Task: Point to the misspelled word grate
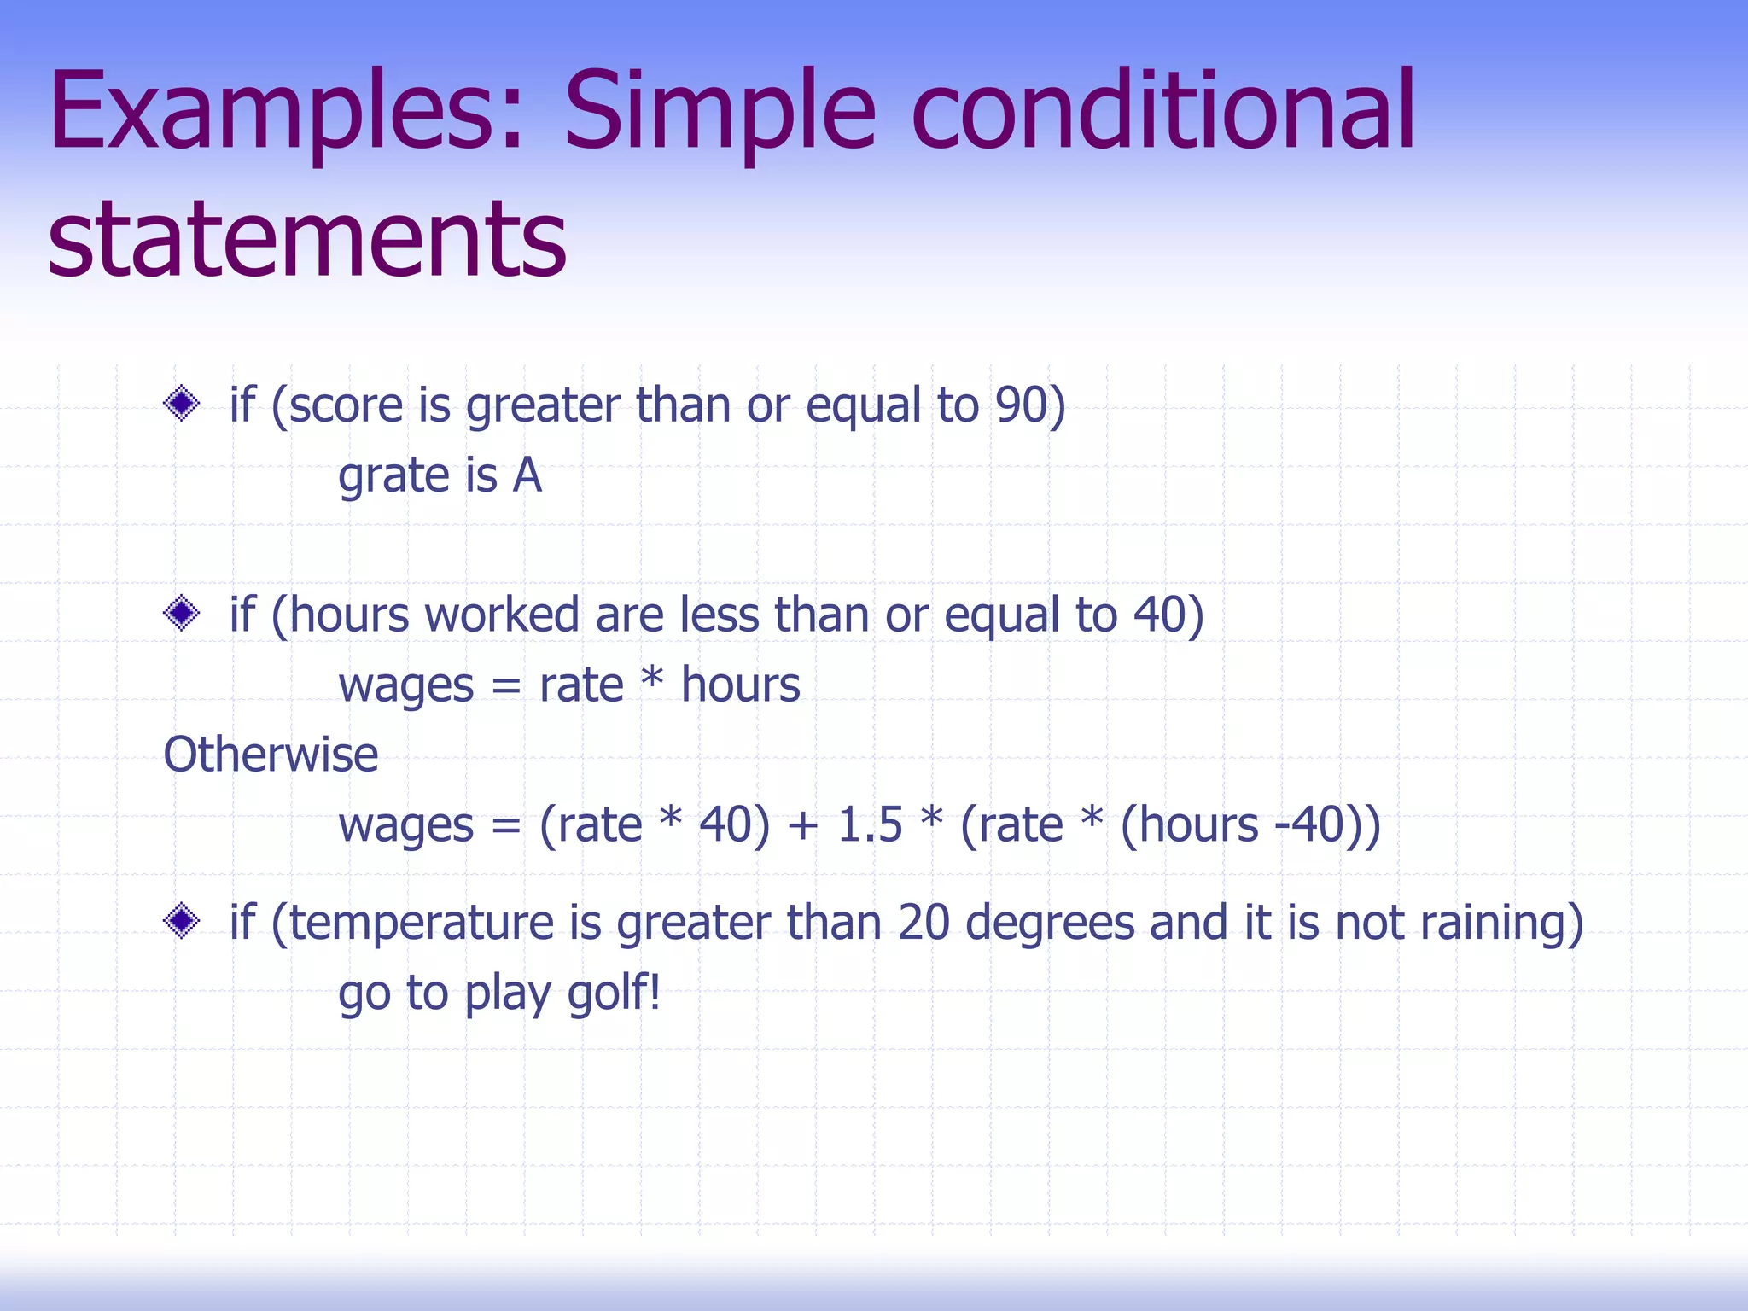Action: tap(393, 476)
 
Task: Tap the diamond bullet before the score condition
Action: tap(182, 403)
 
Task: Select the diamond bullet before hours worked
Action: tap(182, 613)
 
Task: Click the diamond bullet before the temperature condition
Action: tap(182, 921)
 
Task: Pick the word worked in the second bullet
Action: tap(502, 615)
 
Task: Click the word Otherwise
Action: tap(271, 755)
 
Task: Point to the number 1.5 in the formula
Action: tap(870, 825)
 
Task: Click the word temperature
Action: tap(422, 924)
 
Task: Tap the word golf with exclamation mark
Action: tap(614, 993)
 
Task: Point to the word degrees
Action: tap(1049, 924)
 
